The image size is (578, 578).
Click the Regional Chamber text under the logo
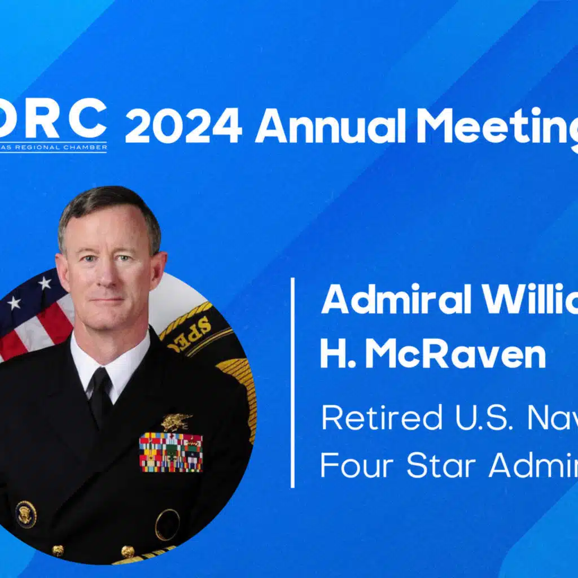(x=54, y=147)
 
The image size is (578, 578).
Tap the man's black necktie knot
(x=100, y=377)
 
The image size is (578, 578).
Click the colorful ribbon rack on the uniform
(x=170, y=452)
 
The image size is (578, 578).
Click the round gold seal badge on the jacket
(x=25, y=514)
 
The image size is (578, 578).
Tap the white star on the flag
(x=43, y=283)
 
